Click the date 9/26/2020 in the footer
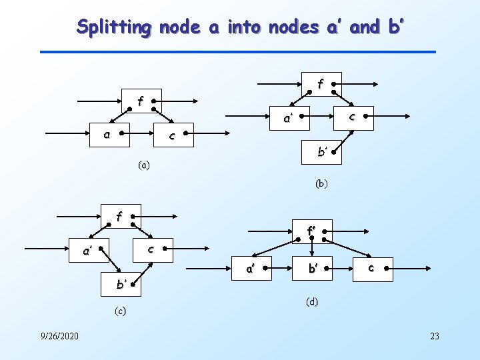point(59,335)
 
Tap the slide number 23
point(435,335)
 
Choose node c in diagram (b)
point(353,117)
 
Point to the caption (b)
point(321,182)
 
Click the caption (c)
point(120,311)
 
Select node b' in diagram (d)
point(311,268)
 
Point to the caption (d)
point(312,301)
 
